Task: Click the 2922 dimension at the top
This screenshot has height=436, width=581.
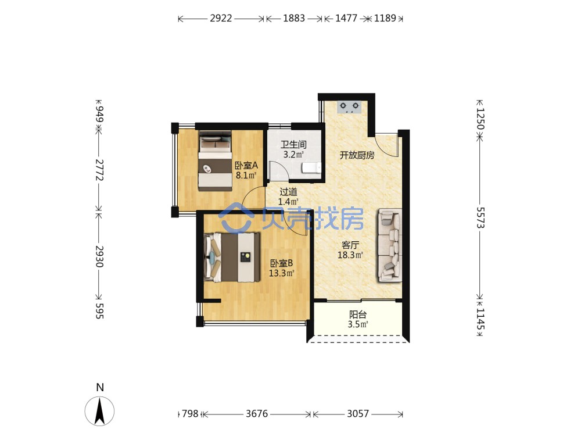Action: pos(221,18)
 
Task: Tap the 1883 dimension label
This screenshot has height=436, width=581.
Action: pos(294,18)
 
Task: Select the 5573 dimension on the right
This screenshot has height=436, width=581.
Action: pos(480,217)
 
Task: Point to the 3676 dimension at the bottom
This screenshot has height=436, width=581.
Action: pos(257,413)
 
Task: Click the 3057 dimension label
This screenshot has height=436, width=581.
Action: pos(358,413)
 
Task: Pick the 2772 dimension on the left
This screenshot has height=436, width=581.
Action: pos(99,170)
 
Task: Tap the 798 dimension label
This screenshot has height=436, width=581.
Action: pos(190,413)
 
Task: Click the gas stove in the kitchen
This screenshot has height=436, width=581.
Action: pos(349,107)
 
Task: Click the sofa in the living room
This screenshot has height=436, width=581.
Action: pos(390,245)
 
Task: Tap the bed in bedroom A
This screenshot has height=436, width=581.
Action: pos(215,160)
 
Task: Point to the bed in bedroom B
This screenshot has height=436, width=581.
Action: pos(232,257)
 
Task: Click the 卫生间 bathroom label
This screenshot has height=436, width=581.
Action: pos(293,144)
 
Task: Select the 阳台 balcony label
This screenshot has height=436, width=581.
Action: pos(358,315)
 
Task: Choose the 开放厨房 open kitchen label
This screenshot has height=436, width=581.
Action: pos(357,155)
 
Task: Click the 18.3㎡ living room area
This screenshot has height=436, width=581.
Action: pos(350,255)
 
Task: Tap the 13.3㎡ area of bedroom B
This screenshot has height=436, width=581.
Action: pos(282,273)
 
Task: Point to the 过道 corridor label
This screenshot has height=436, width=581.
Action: pos(288,192)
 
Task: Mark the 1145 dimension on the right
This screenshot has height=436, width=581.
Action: pos(480,319)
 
